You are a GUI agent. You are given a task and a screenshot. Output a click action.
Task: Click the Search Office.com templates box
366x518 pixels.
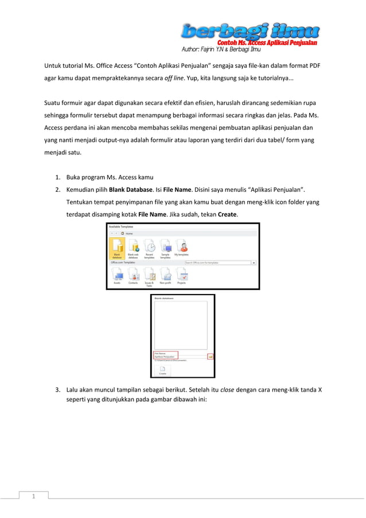click(x=218, y=263)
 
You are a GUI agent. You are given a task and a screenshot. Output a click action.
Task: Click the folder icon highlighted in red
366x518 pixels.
click(x=211, y=356)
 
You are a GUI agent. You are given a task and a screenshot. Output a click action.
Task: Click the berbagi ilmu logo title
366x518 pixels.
click(x=250, y=30)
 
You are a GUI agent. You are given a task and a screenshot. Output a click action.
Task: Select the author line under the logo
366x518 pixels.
click(x=221, y=49)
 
